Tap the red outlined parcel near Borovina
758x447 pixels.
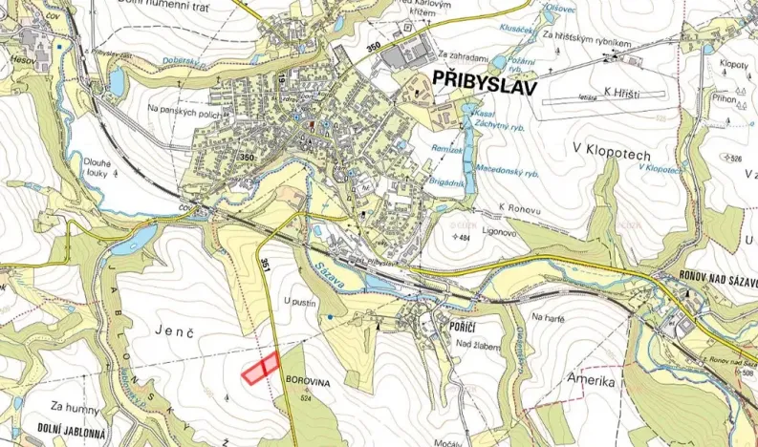click(x=259, y=369)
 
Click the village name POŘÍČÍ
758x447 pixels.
click(x=454, y=325)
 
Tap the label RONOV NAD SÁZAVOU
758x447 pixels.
click(x=707, y=276)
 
